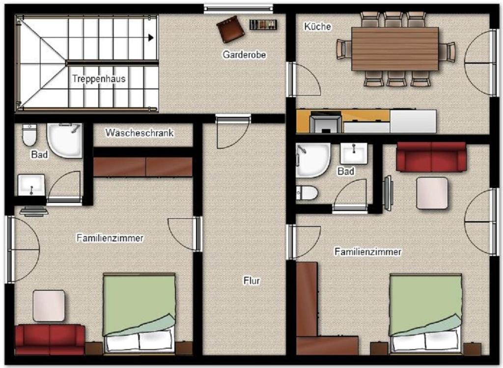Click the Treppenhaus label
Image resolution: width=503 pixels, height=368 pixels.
[98, 79]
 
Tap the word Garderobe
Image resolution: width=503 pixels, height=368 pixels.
[245, 55]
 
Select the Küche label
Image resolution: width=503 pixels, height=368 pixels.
[317, 27]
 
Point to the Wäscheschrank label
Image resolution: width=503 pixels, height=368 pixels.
[140, 133]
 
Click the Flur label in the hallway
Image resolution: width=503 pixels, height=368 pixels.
[251, 280]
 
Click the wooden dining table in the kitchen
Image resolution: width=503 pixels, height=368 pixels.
[395, 49]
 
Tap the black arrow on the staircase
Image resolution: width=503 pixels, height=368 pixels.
[150, 37]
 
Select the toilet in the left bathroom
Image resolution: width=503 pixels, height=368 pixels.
[29, 134]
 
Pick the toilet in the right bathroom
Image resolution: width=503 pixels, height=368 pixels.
[307, 193]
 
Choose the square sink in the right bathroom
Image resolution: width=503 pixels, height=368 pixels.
[354, 153]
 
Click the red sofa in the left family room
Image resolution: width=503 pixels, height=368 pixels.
[50, 339]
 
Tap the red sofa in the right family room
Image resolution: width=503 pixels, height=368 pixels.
[431, 157]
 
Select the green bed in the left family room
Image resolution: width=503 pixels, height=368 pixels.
[139, 313]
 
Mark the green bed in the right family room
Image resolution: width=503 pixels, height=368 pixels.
[426, 313]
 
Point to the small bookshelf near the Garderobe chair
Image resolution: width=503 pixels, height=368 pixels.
[263, 25]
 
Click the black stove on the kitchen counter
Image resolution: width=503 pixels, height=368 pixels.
[325, 122]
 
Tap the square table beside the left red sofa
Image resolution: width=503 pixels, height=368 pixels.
[49, 306]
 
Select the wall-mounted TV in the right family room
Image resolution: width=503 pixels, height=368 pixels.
[388, 193]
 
